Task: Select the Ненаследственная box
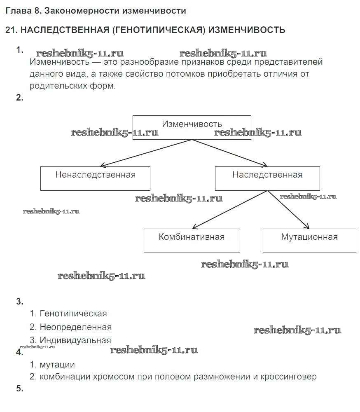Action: point(95,178)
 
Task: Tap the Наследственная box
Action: point(267,178)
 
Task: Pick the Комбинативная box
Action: point(192,241)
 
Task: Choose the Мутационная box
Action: point(309,241)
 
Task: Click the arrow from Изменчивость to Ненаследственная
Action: point(146,153)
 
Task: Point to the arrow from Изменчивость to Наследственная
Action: point(229,153)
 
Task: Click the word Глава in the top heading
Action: point(17,11)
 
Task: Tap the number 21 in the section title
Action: point(10,30)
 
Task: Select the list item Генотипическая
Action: point(73,314)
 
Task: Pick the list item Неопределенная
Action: point(76,327)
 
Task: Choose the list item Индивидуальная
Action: point(75,340)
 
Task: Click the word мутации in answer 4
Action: point(57,365)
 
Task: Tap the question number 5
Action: point(19,389)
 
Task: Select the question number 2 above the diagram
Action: point(19,98)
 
